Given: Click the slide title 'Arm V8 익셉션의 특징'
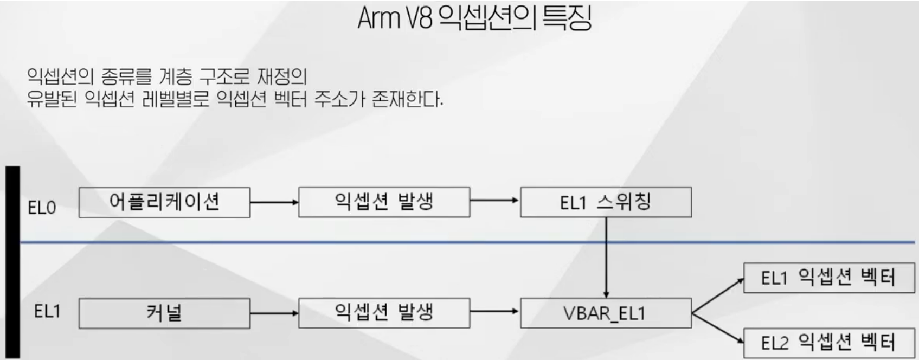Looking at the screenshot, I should pos(474,18).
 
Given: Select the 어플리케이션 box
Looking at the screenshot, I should pos(164,202).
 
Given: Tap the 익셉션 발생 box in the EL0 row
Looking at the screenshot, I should pos(384,202).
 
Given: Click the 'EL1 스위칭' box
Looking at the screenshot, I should pos(606,202).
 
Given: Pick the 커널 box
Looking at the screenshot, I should pos(164,313).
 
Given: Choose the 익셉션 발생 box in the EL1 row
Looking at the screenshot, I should pos(384,313).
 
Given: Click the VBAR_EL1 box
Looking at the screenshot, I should pos(606,313).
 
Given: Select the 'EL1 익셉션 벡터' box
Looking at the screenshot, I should pos(828,278).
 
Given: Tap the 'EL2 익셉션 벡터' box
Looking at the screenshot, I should pos(828,342).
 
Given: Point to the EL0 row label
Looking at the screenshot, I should pos(42,208).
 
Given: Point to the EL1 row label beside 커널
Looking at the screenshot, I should pos(47,312).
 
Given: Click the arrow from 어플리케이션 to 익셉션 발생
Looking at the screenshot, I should pos(274,202).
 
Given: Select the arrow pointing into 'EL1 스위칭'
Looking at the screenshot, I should pos(494,201).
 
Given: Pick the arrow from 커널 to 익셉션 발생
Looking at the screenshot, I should pos(274,313).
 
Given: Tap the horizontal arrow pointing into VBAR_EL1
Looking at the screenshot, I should pos(494,311).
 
